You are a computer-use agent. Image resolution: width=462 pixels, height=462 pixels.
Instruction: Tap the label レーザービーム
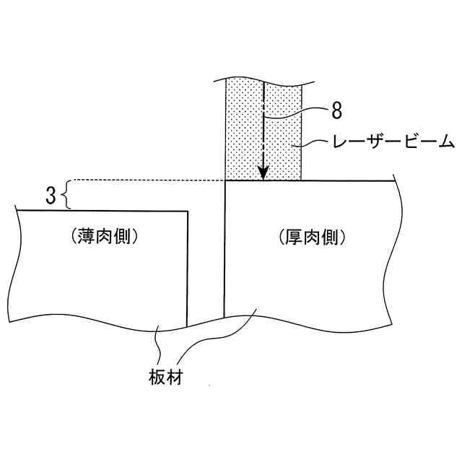[x=393, y=142]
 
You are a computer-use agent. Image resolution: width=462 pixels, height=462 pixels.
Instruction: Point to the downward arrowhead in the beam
[x=264, y=173]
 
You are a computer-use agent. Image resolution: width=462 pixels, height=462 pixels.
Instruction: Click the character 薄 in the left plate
[x=89, y=235]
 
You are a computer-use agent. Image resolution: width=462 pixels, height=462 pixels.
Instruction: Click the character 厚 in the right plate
[x=295, y=235]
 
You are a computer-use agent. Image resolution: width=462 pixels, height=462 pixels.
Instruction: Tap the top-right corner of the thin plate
[x=188, y=211]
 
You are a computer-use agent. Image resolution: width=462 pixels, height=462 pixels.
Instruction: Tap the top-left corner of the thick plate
[x=226, y=180]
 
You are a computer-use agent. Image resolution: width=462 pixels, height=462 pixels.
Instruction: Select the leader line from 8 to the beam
[x=296, y=114]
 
